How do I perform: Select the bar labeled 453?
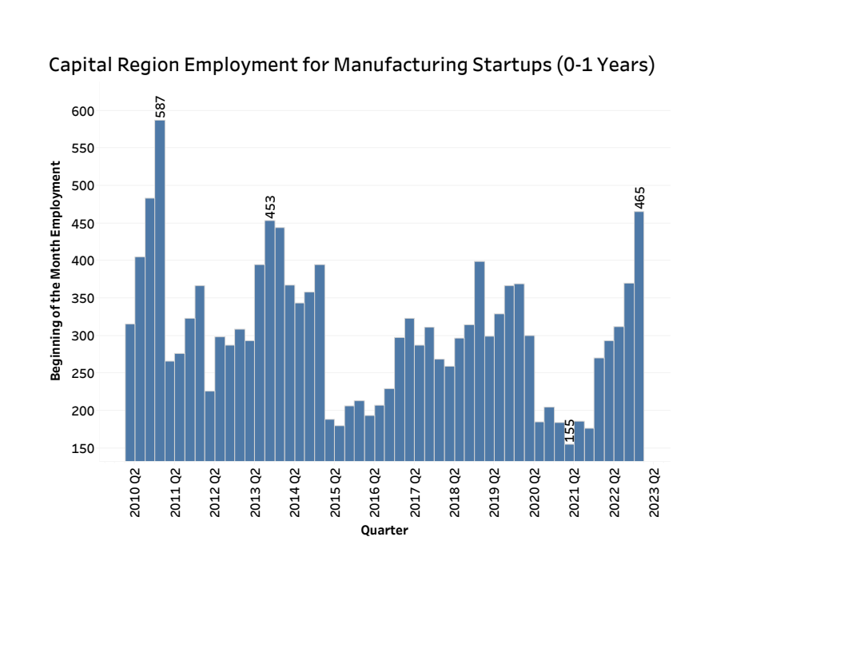click(270, 340)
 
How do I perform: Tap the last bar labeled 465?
click(639, 336)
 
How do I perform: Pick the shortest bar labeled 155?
click(569, 452)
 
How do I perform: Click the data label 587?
click(160, 107)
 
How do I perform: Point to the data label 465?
click(639, 198)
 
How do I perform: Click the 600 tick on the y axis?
click(84, 111)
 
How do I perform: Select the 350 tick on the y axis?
click(84, 298)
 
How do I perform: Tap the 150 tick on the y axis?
click(84, 448)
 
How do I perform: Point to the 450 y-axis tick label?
click(84, 224)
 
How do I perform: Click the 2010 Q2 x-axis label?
click(136, 492)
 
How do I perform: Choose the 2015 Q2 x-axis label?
click(336, 492)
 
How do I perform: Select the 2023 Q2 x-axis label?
click(655, 492)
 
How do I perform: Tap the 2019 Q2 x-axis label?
click(496, 492)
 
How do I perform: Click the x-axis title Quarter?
click(384, 531)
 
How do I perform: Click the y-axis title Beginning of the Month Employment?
click(56, 270)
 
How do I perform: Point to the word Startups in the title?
click(508, 65)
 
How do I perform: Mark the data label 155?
click(570, 431)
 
